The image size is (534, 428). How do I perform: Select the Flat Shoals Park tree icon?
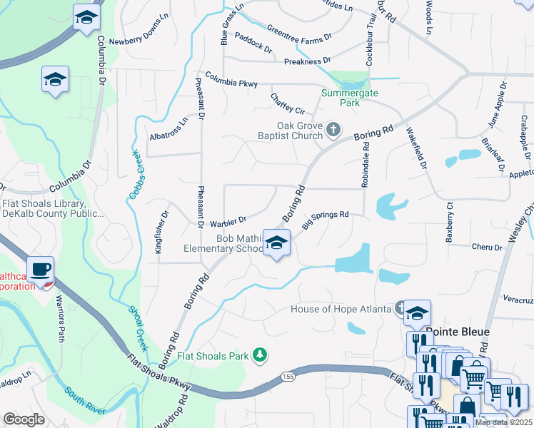click(261, 354)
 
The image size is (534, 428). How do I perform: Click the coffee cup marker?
click(41, 269)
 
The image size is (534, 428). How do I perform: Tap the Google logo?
click(24, 419)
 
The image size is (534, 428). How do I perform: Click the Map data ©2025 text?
click(503, 422)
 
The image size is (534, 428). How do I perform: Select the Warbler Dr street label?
click(227, 219)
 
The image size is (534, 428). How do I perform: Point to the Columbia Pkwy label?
click(231, 79)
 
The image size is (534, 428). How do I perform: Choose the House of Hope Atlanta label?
click(341, 309)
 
